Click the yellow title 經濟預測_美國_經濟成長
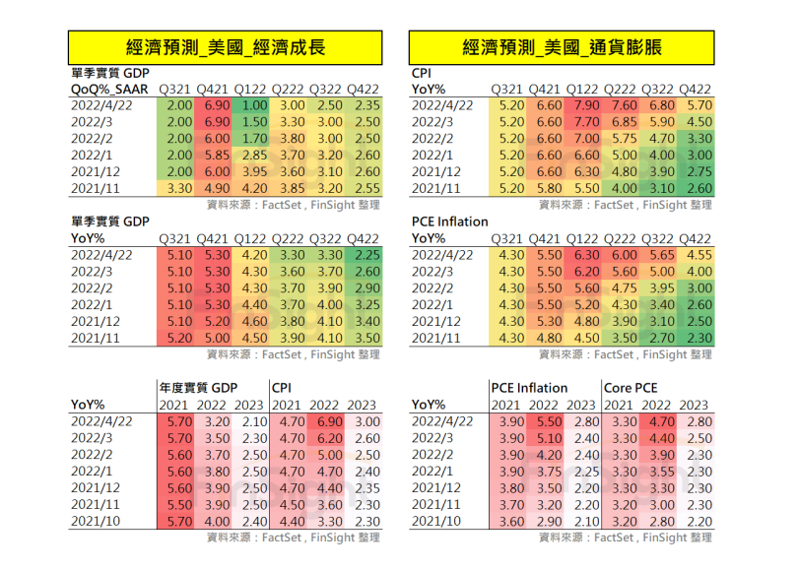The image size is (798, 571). point(225,47)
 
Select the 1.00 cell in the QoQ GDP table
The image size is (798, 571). point(253,105)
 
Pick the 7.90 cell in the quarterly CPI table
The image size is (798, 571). point(586,105)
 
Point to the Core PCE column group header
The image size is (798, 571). point(631,387)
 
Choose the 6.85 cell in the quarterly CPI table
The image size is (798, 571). point(623,122)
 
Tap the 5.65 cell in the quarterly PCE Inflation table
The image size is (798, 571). point(659,254)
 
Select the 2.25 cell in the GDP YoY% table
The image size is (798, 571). point(366,254)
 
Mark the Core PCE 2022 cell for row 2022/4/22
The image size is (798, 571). point(658,420)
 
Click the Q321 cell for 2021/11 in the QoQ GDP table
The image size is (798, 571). point(179,188)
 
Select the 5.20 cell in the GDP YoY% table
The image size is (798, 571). point(179,338)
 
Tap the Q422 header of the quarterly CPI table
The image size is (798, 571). point(696,89)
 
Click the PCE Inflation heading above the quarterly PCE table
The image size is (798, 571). point(449,222)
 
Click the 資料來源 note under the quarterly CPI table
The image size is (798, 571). point(625,205)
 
